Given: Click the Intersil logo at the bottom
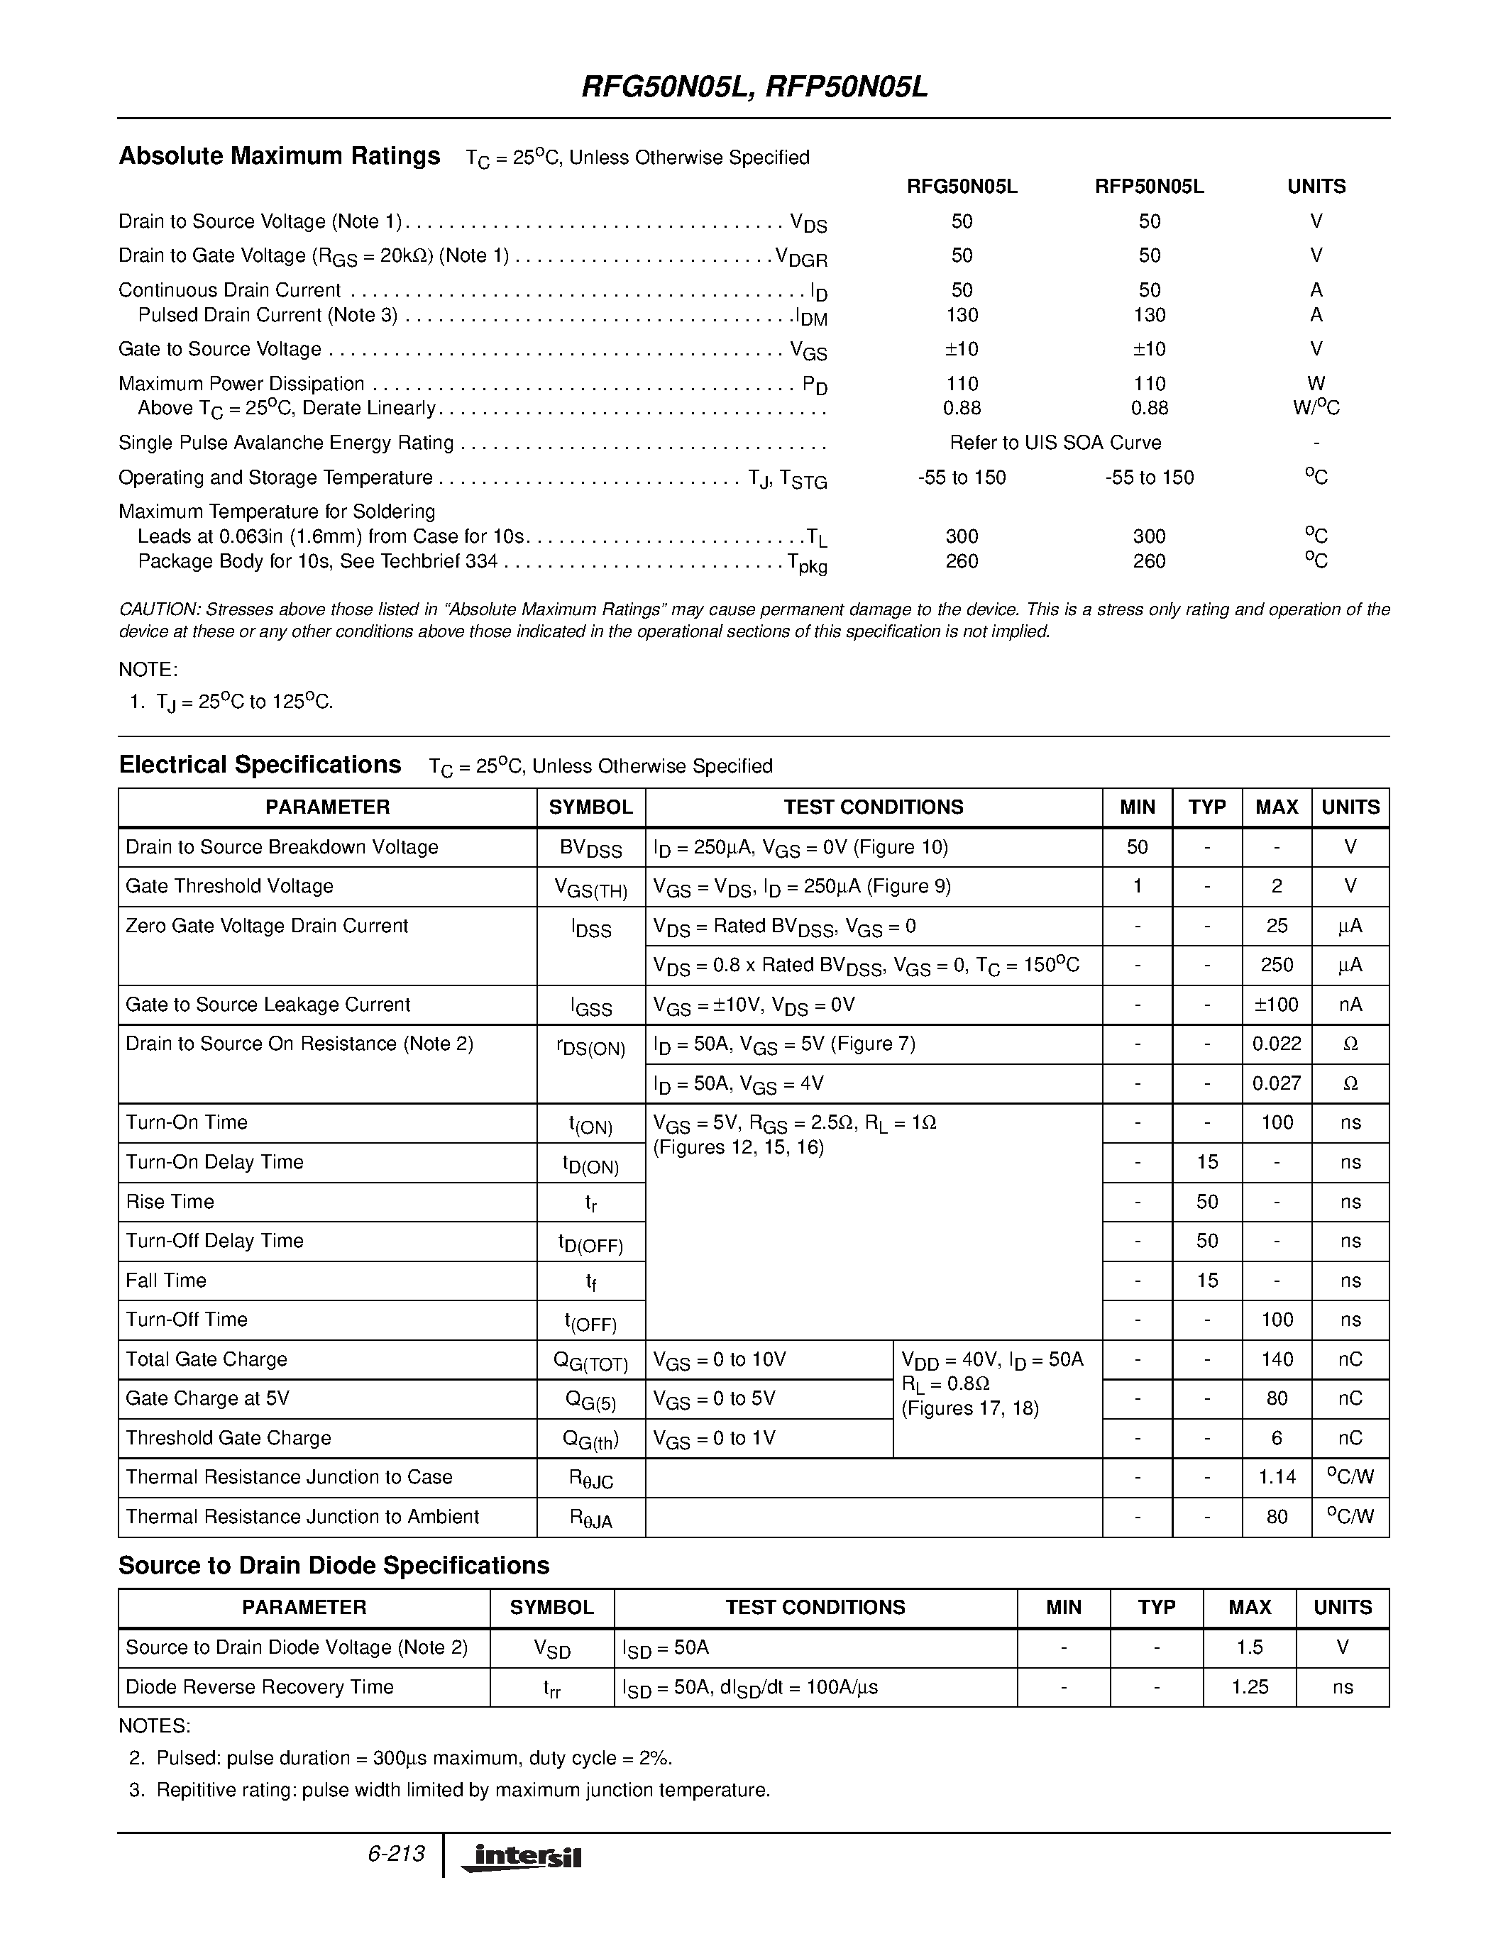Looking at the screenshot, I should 521,1857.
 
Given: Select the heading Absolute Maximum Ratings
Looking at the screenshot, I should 280,156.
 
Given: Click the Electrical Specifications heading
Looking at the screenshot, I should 260,766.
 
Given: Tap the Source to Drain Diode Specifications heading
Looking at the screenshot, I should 334,1566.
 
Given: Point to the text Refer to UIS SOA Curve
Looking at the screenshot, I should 1055,443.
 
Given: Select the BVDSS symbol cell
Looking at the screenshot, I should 590,849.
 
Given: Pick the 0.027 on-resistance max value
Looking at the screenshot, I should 1277,1083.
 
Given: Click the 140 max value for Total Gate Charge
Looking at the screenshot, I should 1277,1359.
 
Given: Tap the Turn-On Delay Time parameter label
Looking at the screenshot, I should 214,1162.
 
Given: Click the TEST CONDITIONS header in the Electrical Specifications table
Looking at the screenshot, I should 873,807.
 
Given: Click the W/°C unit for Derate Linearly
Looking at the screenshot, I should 1315,408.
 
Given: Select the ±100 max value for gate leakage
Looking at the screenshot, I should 1277,1005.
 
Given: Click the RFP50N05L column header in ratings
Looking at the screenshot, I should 1149,187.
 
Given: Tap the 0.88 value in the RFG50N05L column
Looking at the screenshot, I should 962,408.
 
